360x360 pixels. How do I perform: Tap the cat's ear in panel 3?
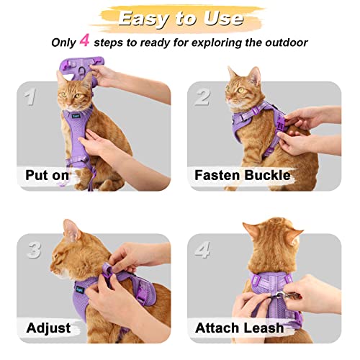coord(71,230)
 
